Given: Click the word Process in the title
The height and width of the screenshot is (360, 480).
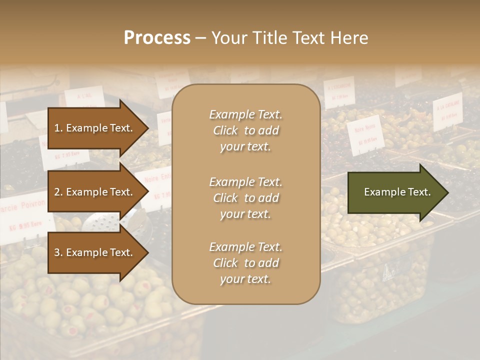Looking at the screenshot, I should [157, 38].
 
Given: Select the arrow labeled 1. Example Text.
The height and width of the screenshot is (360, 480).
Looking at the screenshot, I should [95, 128].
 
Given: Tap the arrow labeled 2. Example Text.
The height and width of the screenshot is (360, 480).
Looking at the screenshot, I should [95, 192].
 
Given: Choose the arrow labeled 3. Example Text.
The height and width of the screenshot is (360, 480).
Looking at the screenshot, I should [95, 253].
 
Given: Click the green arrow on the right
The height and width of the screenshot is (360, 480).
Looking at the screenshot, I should [395, 192].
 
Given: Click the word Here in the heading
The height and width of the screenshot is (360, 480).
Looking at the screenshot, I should [350, 38].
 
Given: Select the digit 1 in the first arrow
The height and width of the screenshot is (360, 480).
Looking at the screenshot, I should [56, 128].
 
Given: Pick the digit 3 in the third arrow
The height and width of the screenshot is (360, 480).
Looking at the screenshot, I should [56, 253].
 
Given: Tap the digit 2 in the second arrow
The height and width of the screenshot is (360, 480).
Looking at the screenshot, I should [56, 192].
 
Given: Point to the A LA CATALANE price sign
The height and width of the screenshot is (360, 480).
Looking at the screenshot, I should [447, 111].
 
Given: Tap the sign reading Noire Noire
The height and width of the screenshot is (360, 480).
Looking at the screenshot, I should [365, 133].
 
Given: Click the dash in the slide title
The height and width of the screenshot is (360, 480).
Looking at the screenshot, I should [200, 38].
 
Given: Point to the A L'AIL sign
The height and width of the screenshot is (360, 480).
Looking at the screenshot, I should [84, 97].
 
